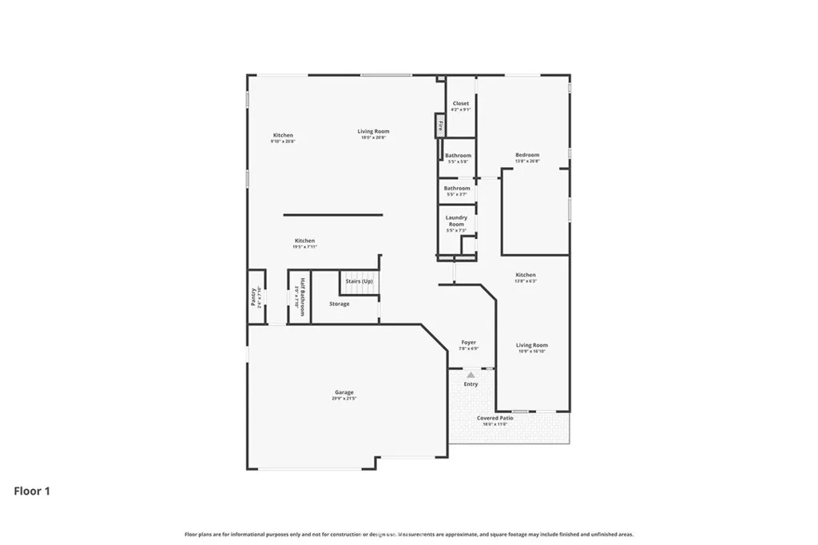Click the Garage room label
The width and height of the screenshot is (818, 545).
coord(344,392)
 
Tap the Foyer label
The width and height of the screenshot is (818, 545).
coord(469,343)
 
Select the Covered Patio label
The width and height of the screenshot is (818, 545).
coord(495,418)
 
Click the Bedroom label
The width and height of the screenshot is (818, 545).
coord(527,155)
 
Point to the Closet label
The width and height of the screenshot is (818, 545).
coord(461,104)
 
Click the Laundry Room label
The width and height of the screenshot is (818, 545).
coord(457,221)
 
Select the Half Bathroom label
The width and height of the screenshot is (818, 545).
coord(303,297)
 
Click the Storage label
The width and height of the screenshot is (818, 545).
coord(340,304)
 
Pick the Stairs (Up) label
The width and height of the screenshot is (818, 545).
coord(359,281)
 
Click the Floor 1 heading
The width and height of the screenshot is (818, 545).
coord(32,491)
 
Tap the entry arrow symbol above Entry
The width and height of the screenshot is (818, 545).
coord(471,373)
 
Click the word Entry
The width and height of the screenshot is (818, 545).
coord(471,384)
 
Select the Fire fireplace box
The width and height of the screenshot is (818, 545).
coord(439,125)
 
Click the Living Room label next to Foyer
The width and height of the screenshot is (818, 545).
coord(532,345)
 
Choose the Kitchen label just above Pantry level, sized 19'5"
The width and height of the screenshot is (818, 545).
coord(304,241)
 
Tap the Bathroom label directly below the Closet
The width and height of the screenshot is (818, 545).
coord(459,156)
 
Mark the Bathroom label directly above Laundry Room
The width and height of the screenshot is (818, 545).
coord(457,189)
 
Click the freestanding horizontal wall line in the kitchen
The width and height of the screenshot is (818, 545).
coord(332,215)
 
